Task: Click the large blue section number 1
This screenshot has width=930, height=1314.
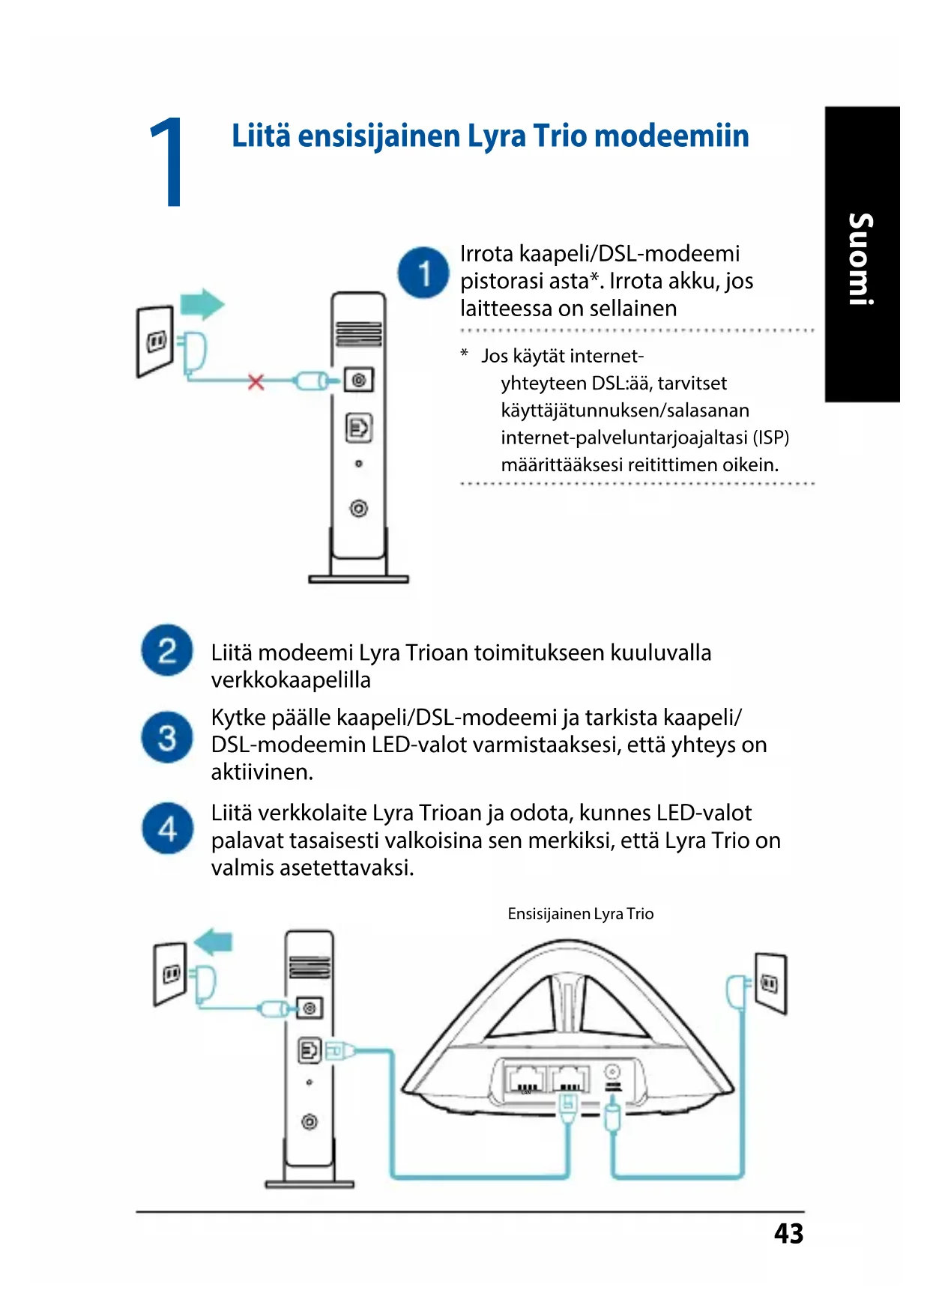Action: click(x=167, y=163)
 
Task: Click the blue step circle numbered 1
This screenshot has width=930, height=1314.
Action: click(x=423, y=273)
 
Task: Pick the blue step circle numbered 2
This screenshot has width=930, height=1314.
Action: click(x=167, y=650)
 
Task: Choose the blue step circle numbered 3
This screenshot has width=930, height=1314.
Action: click(x=167, y=737)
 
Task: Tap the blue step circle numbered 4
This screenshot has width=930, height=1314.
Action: click(x=167, y=829)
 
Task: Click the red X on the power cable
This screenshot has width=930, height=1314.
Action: click(x=256, y=382)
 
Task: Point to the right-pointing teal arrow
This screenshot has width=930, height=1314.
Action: click(x=202, y=304)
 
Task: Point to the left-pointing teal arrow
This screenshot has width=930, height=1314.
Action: click(x=214, y=941)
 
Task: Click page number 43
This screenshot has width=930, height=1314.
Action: click(x=788, y=1234)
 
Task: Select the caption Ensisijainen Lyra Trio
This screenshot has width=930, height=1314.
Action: click(x=580, y=914)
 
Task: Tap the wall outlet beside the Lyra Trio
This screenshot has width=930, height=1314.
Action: click(x=770, y=983)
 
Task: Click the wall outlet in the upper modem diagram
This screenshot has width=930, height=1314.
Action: click(x=155, y=342)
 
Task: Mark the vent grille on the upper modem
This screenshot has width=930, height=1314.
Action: click(x=358, y=333)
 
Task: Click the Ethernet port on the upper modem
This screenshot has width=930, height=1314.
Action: click(x=358, y=428)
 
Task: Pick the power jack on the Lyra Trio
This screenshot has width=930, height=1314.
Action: click(x=612, y=1073)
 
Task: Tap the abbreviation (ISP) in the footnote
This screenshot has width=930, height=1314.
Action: click(x=770, y=438)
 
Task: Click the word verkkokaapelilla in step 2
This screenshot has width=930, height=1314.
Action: click(x=291, y=680)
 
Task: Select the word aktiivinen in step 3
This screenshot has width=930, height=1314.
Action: click(x=262, y=772)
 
